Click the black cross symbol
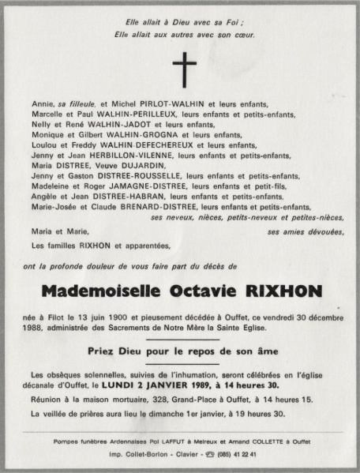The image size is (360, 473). click(183, 70)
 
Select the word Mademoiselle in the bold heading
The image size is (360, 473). click(98, 292)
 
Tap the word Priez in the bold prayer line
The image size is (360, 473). click(106, 348)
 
